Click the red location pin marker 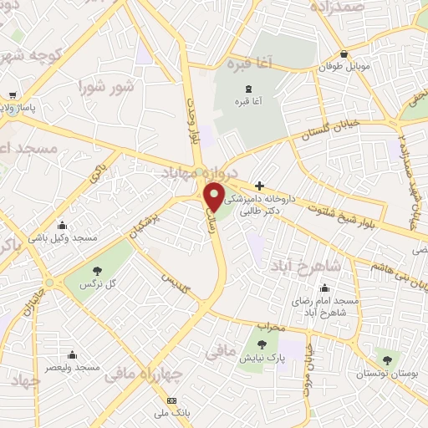[x=215, y=196]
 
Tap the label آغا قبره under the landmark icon [x=248, y=101]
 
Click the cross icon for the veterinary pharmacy [x=260, y=185]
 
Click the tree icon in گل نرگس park [x=99, y=269]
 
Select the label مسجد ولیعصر [x=74, y=367]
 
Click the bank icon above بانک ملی [x=173, y=400]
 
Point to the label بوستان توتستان [x=384, y=373]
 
